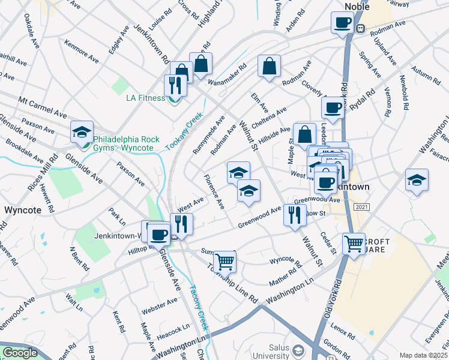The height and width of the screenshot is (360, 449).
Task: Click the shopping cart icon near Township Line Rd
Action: tap(224, 260)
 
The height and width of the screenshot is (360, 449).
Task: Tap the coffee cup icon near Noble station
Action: tap(342, 23)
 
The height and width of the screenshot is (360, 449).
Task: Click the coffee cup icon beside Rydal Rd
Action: tap(333, 108)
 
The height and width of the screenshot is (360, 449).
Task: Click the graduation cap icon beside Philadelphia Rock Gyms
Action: tap(82, 131)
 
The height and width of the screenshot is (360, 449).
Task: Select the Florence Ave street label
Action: tap(214, 191)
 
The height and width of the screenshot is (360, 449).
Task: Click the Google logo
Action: tap(20, 353)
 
